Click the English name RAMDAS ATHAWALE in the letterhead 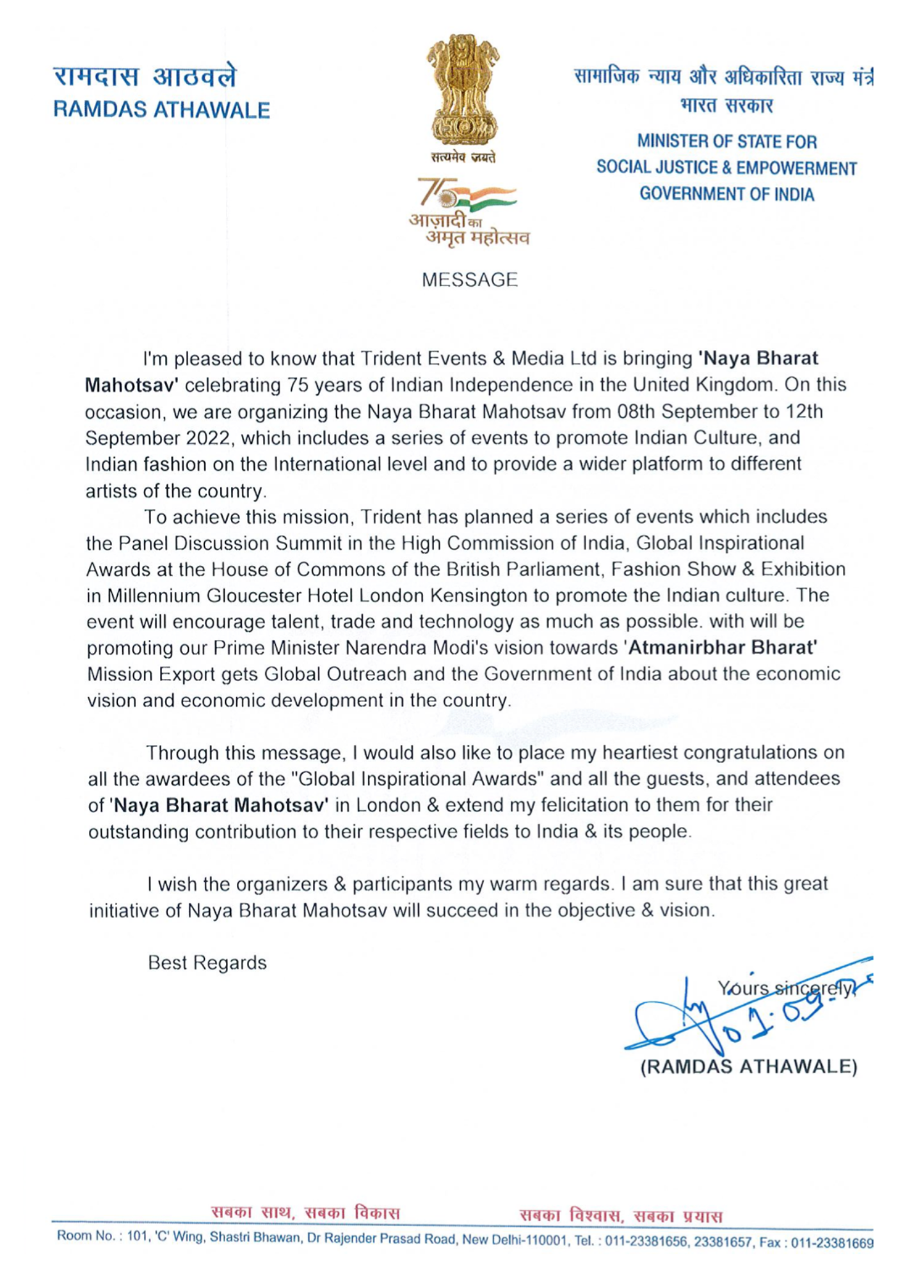point(161,110)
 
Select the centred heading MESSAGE point(469,280)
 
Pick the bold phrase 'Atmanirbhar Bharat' point(721,648)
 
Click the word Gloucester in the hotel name point(253,595)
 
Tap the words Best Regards point(207,963)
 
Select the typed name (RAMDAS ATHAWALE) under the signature point(749,1067)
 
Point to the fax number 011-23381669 point(833,1243)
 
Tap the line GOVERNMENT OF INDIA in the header point(726,194)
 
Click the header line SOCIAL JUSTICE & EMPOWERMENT point(726,168)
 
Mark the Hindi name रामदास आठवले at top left point(145,77)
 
